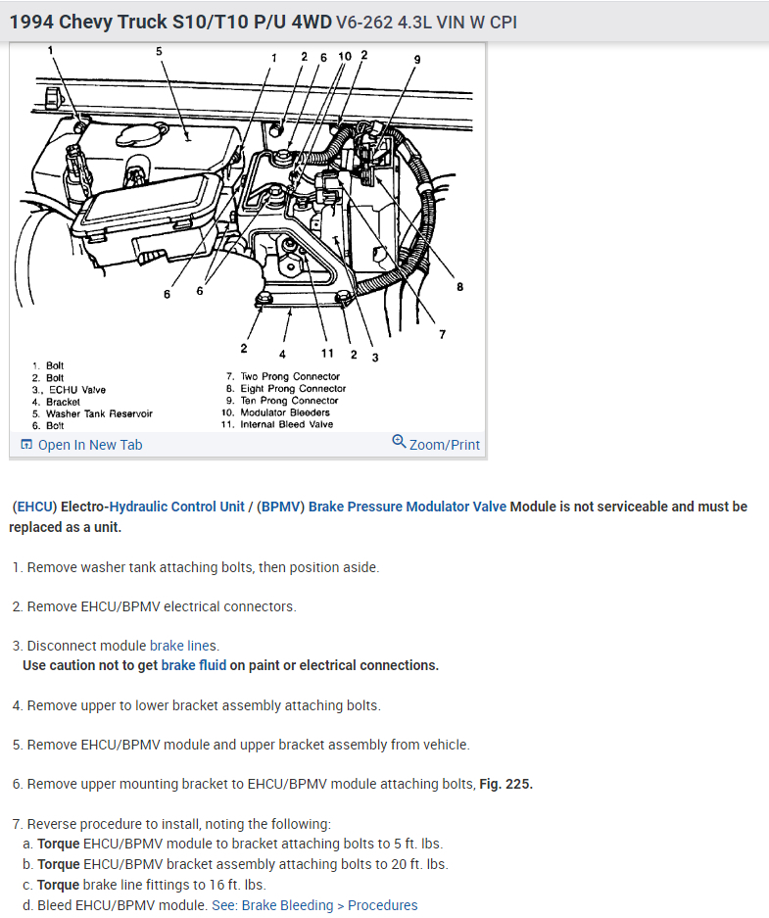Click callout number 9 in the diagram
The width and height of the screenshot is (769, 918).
(416, 60)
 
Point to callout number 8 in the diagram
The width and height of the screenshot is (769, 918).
(459, 287)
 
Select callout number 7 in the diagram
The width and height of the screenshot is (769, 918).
(442, 334)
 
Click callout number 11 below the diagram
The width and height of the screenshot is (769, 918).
(327, 353)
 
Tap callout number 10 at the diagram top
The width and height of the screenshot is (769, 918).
(344, 56)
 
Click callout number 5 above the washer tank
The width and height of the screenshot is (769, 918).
(159, 51)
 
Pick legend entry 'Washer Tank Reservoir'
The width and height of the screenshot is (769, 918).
(98, 413)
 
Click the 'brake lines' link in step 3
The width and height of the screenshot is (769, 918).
(183, 646)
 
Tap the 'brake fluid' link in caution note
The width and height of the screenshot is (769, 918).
(193, 665)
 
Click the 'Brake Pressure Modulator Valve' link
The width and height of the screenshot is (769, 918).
(408, 507)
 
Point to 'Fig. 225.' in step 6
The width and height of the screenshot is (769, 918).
(505, 784)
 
